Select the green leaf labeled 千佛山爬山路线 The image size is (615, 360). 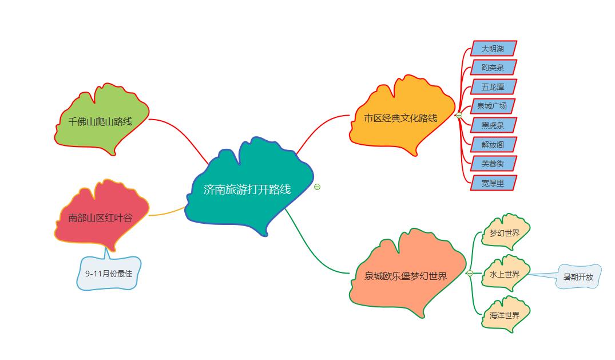101,121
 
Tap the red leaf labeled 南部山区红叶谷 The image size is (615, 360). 101,217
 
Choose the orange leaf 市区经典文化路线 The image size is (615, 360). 401,118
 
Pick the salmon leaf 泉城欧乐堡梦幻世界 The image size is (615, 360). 406,276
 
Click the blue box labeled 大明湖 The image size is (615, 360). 493,49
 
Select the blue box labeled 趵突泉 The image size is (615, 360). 493,68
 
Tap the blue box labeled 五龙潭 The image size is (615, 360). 493,87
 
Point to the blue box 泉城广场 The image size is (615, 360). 492,106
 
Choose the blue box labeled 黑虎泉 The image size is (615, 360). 493,125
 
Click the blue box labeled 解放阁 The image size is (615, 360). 493,144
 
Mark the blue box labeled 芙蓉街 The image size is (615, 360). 493,164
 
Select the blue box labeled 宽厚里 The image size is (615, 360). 493,183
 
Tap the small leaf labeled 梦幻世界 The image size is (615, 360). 505,233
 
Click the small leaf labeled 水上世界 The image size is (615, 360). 505,274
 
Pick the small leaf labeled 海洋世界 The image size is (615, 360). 505,315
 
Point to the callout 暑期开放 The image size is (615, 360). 578,277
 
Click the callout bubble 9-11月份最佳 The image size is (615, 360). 109,273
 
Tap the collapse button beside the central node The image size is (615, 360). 318,187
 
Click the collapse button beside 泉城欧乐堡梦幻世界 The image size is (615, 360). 470,273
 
